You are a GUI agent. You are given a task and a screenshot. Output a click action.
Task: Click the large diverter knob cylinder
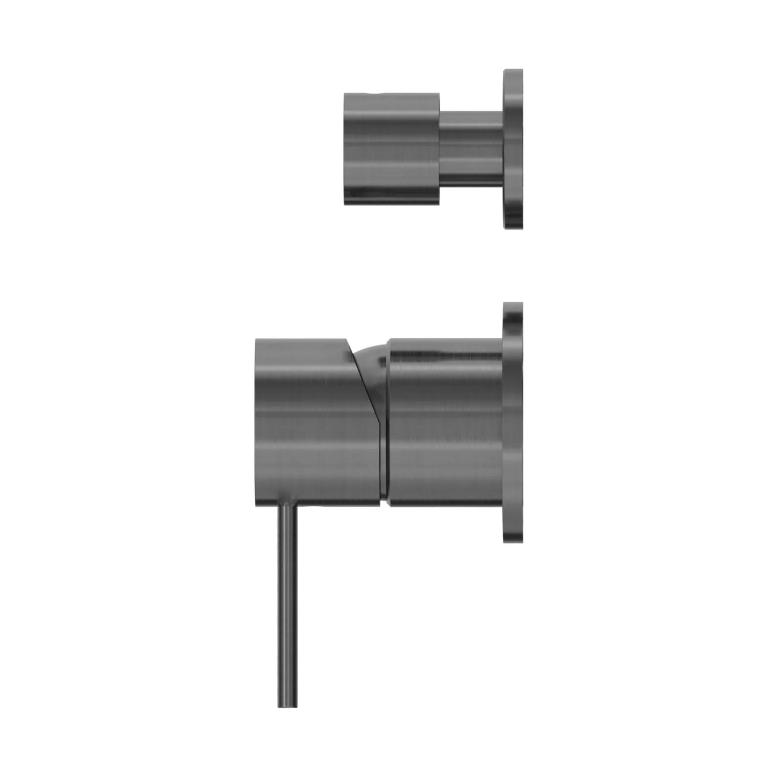[392, 148]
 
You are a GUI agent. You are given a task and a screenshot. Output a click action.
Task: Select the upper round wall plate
[514, 148]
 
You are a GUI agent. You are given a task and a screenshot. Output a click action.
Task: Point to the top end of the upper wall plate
[514, 68]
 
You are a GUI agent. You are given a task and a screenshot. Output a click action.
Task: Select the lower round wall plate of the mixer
[514, 423]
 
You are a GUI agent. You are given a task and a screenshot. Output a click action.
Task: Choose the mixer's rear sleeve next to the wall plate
[445, 423]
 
